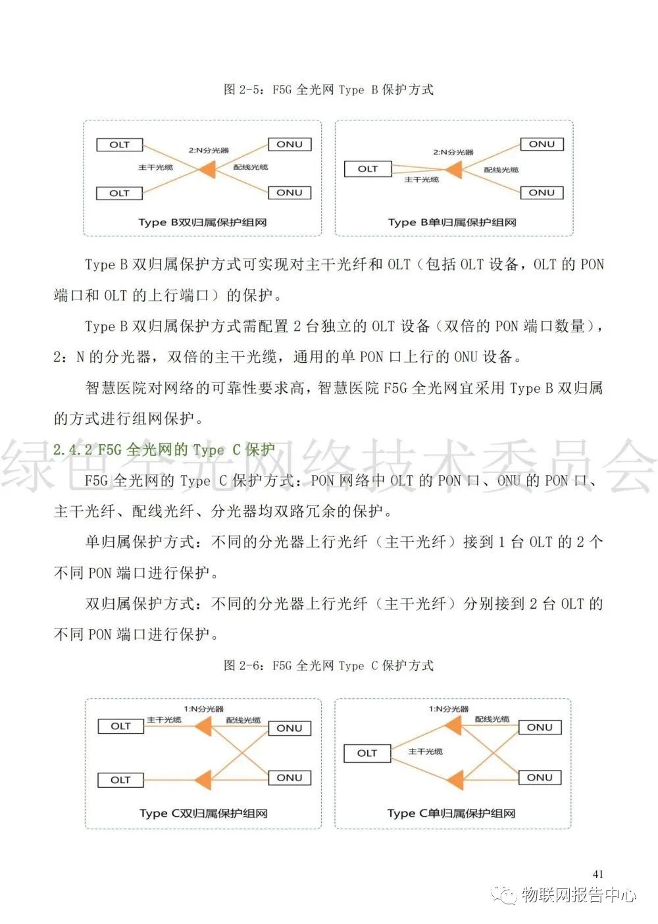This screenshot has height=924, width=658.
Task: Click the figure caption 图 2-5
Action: click(x=328, y=90)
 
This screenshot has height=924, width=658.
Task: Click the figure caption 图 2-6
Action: click(x=328, y=665)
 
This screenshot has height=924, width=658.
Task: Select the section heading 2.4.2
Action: click(x=164, y=449)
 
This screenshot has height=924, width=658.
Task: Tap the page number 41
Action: click(x=597, y=874)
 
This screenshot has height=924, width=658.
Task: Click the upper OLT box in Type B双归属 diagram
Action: click(x=120, y=145)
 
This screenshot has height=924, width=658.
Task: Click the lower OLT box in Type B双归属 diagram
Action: click(x=120, y=193)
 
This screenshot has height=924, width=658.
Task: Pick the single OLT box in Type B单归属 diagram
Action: click(x=368, y=169)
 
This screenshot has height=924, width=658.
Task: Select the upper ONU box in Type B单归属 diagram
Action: click(x=542, y=144)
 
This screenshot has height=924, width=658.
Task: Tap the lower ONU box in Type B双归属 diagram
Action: click(x=290, y=193)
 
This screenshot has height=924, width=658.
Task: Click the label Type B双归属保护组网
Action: click(x=202, y=222)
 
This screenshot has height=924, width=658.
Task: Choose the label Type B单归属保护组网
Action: click(x=452, y=222)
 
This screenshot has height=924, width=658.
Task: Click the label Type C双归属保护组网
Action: click(x=203, y=813)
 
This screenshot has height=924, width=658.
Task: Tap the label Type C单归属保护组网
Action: click(x=451, y=813)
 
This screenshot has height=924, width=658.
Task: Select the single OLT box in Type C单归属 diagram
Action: click(x=367, y=753)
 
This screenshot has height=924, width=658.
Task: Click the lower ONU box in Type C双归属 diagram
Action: click(x=290, y=778)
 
